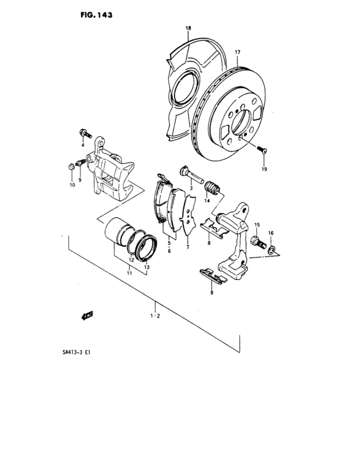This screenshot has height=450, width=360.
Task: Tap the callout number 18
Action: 188,29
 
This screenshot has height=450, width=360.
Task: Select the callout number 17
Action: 237,52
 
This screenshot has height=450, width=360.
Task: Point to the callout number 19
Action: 263,170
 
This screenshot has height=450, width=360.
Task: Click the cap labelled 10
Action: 69,168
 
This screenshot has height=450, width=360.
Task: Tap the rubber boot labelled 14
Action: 213,188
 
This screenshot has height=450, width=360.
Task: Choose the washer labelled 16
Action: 273,248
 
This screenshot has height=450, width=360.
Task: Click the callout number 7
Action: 187,248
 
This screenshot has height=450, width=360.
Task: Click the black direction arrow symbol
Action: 86,315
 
